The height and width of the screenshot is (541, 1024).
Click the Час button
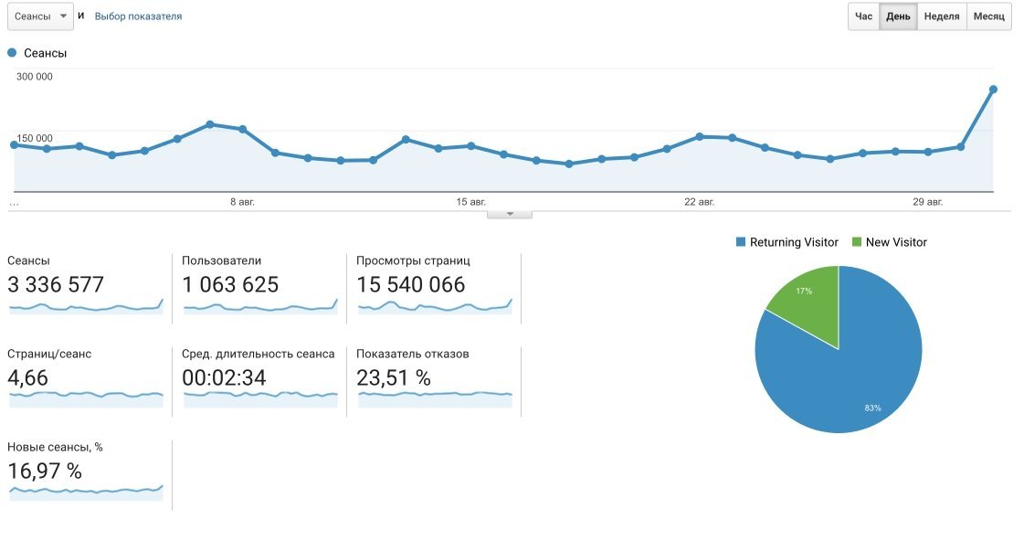pyautogui.click(x=863, y=16)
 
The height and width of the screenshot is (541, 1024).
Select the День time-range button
pyautogui.click(x=898, y=16)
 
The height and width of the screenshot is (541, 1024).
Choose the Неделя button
pyautogui.click(x=941, y=16)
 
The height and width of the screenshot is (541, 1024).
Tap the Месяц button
pyautogui.click(x=988, y=16)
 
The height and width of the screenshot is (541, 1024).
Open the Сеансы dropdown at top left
pyautogui.click(x=40, y=16)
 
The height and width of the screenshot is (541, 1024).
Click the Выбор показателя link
pyautogui.click(x=138, y=16)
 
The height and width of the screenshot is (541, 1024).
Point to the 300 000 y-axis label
pyautogui.click(x=35, y=77)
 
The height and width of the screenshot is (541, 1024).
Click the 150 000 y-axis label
pyautogui.click(x=35, y=138)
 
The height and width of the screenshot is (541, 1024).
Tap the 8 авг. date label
pyautogui.click(x=243, y=201)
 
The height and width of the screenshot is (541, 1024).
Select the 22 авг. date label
pyautogui.click(x=700, y=201)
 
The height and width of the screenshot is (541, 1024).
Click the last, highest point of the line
pyautogui.click(x=993, y=90)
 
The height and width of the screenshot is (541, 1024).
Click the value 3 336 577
pyautogui.click(x=56, y=285)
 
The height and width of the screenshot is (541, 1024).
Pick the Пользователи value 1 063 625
pyautogui.click(x=230, y=285)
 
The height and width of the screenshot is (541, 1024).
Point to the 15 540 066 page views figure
pyautogui.click(x=410, y=285)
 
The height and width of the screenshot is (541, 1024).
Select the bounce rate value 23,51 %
pyautogui.click(x=395, y=377)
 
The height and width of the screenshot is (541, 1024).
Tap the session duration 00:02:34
pyautogui.click(x=224, y=377)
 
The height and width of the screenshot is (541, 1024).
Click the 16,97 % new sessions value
pyautogui.click(x=45, y=472)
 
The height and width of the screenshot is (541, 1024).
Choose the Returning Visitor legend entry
pyautogui.click(x=786, y=242)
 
